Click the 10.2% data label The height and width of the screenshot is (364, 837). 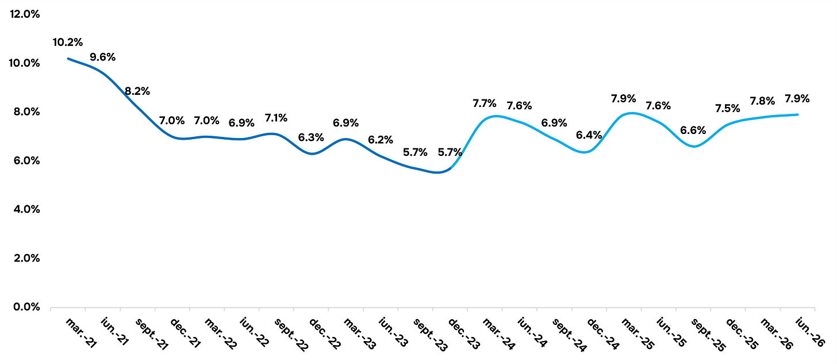tap(68, 42)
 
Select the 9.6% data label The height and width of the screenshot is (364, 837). tap(102, 57)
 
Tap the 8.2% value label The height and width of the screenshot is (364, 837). tap(137, 91)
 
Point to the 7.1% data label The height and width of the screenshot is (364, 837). tap(276, 118)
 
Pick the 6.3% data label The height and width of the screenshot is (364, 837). tap(311, 137)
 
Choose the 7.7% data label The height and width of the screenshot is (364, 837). tap(485, 103)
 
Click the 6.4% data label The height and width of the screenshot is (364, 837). tap(589, 135)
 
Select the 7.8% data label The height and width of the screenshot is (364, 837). tap(762, 101)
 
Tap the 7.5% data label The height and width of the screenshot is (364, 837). tap(728, 108)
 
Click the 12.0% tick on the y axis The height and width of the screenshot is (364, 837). tap(25, 14)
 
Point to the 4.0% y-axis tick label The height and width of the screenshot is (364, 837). tap(26, 209)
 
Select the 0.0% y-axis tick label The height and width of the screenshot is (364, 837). tap(26, 307)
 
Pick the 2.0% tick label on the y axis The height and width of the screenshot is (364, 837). tap(26, 258)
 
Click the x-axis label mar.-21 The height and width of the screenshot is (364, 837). tap(81, 334)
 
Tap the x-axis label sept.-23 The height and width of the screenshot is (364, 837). tap(429, 335)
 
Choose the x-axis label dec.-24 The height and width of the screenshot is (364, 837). tap(602, 334)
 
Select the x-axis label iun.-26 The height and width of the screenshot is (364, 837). tap(810, 332)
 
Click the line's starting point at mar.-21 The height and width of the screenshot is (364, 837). tap(68, 58)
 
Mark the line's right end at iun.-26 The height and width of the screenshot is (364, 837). tap(798, 114)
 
